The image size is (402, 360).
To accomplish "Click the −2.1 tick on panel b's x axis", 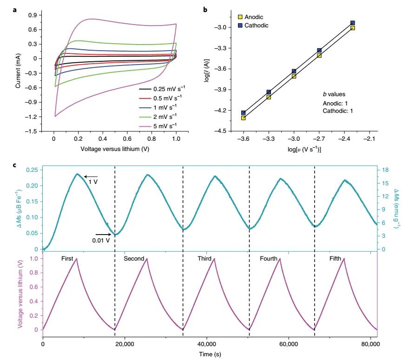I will coord(369,139).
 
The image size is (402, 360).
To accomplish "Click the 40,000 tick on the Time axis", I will coord(206,344).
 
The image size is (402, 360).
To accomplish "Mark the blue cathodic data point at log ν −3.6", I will coord(244,113).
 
